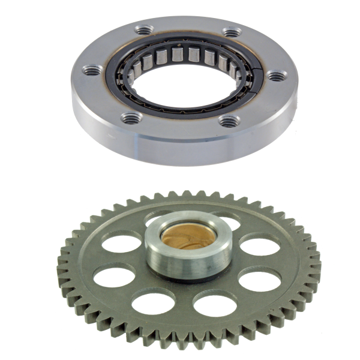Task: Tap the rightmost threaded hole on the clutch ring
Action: [x=274, y=76]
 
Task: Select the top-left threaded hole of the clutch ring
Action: [x=143, y=29]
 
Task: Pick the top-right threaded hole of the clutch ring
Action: [x=230, y=32]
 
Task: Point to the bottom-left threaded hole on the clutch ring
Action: [x=131, y=117]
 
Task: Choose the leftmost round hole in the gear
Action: [x=114, y=275]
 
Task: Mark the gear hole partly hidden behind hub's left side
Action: [x=122, y=243]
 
